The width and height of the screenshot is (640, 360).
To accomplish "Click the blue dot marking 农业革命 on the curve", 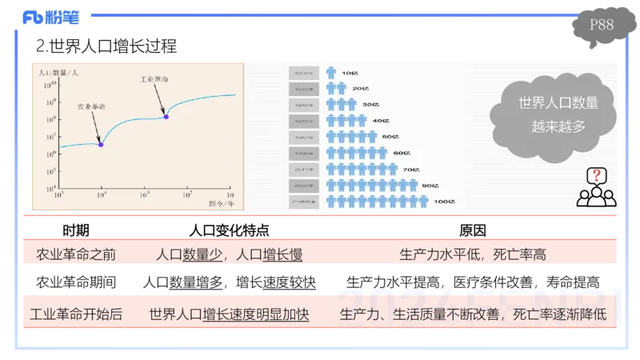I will click(101, 144).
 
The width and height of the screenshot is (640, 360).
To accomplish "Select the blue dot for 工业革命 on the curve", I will click(166, 117).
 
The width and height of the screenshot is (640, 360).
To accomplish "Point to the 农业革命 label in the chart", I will click(91, 106).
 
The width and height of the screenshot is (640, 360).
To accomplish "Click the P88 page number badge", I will click(602, 25).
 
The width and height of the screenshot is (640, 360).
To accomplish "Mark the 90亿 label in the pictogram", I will click(430, 185).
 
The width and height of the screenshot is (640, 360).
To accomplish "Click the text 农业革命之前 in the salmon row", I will click(77, 255).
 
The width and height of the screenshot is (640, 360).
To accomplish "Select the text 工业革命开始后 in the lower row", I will click(76, 314).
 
